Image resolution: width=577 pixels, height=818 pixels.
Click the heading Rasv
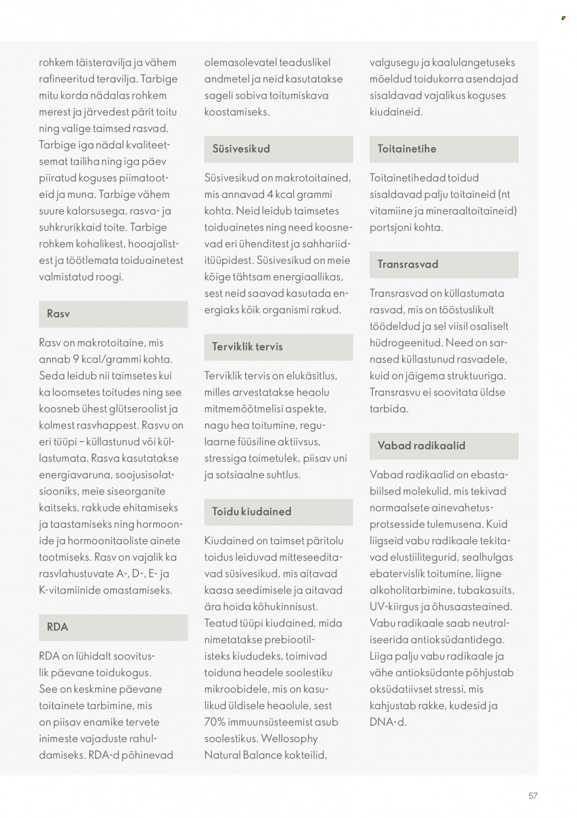coord(59,314)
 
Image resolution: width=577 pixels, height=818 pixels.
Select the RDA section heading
coord(58,627)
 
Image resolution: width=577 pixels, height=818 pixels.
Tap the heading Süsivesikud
coord(241,149)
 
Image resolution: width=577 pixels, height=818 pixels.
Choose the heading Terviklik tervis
coord(247,346)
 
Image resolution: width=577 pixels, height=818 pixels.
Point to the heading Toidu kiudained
coord(252,511)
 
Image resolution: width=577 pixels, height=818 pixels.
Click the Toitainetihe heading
coord(407,149)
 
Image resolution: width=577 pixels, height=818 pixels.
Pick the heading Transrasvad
coord(408,264)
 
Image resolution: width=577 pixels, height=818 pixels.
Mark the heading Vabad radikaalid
coord(421,445)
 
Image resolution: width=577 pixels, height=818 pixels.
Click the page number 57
coord(533,796)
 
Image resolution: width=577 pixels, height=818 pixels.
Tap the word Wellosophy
coord(289,739)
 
